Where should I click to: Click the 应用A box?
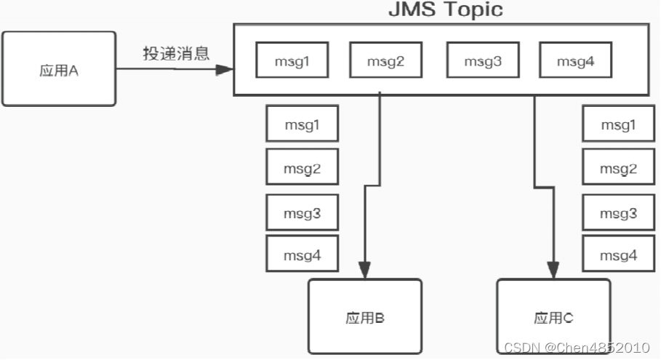(x=58, y=69)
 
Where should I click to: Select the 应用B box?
(x=365, y=317)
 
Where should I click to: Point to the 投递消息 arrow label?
(x=175, y=54)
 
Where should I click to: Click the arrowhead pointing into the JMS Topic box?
(x=225, y=69)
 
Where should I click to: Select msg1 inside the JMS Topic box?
(x=292, y=60)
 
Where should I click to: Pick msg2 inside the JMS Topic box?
(x=385, y=60)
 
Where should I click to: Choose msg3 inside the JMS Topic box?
(x=482, y=60)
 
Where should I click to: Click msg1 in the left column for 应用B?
(x=302, y=124)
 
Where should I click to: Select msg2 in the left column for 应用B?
(x=302, y=169)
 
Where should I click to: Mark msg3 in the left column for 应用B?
(x=302, y=213)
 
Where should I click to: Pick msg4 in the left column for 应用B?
(x=302, y=255)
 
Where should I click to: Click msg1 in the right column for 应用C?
(x=619, y=124)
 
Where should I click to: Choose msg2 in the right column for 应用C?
(x=619, y=169)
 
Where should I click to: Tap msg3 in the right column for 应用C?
(x=619, y=213)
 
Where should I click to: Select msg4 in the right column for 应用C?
(x=619, y=255)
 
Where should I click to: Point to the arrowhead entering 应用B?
(x=365, y=272)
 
